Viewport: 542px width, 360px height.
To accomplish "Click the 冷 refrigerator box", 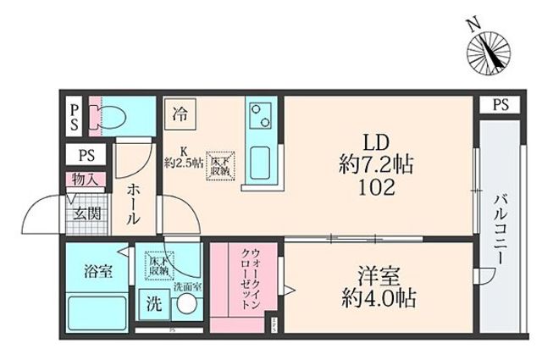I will tap(180, 112).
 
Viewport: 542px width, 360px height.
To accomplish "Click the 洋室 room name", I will tap(377, 277).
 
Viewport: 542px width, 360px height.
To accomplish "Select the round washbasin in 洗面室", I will tap(186, 307).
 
